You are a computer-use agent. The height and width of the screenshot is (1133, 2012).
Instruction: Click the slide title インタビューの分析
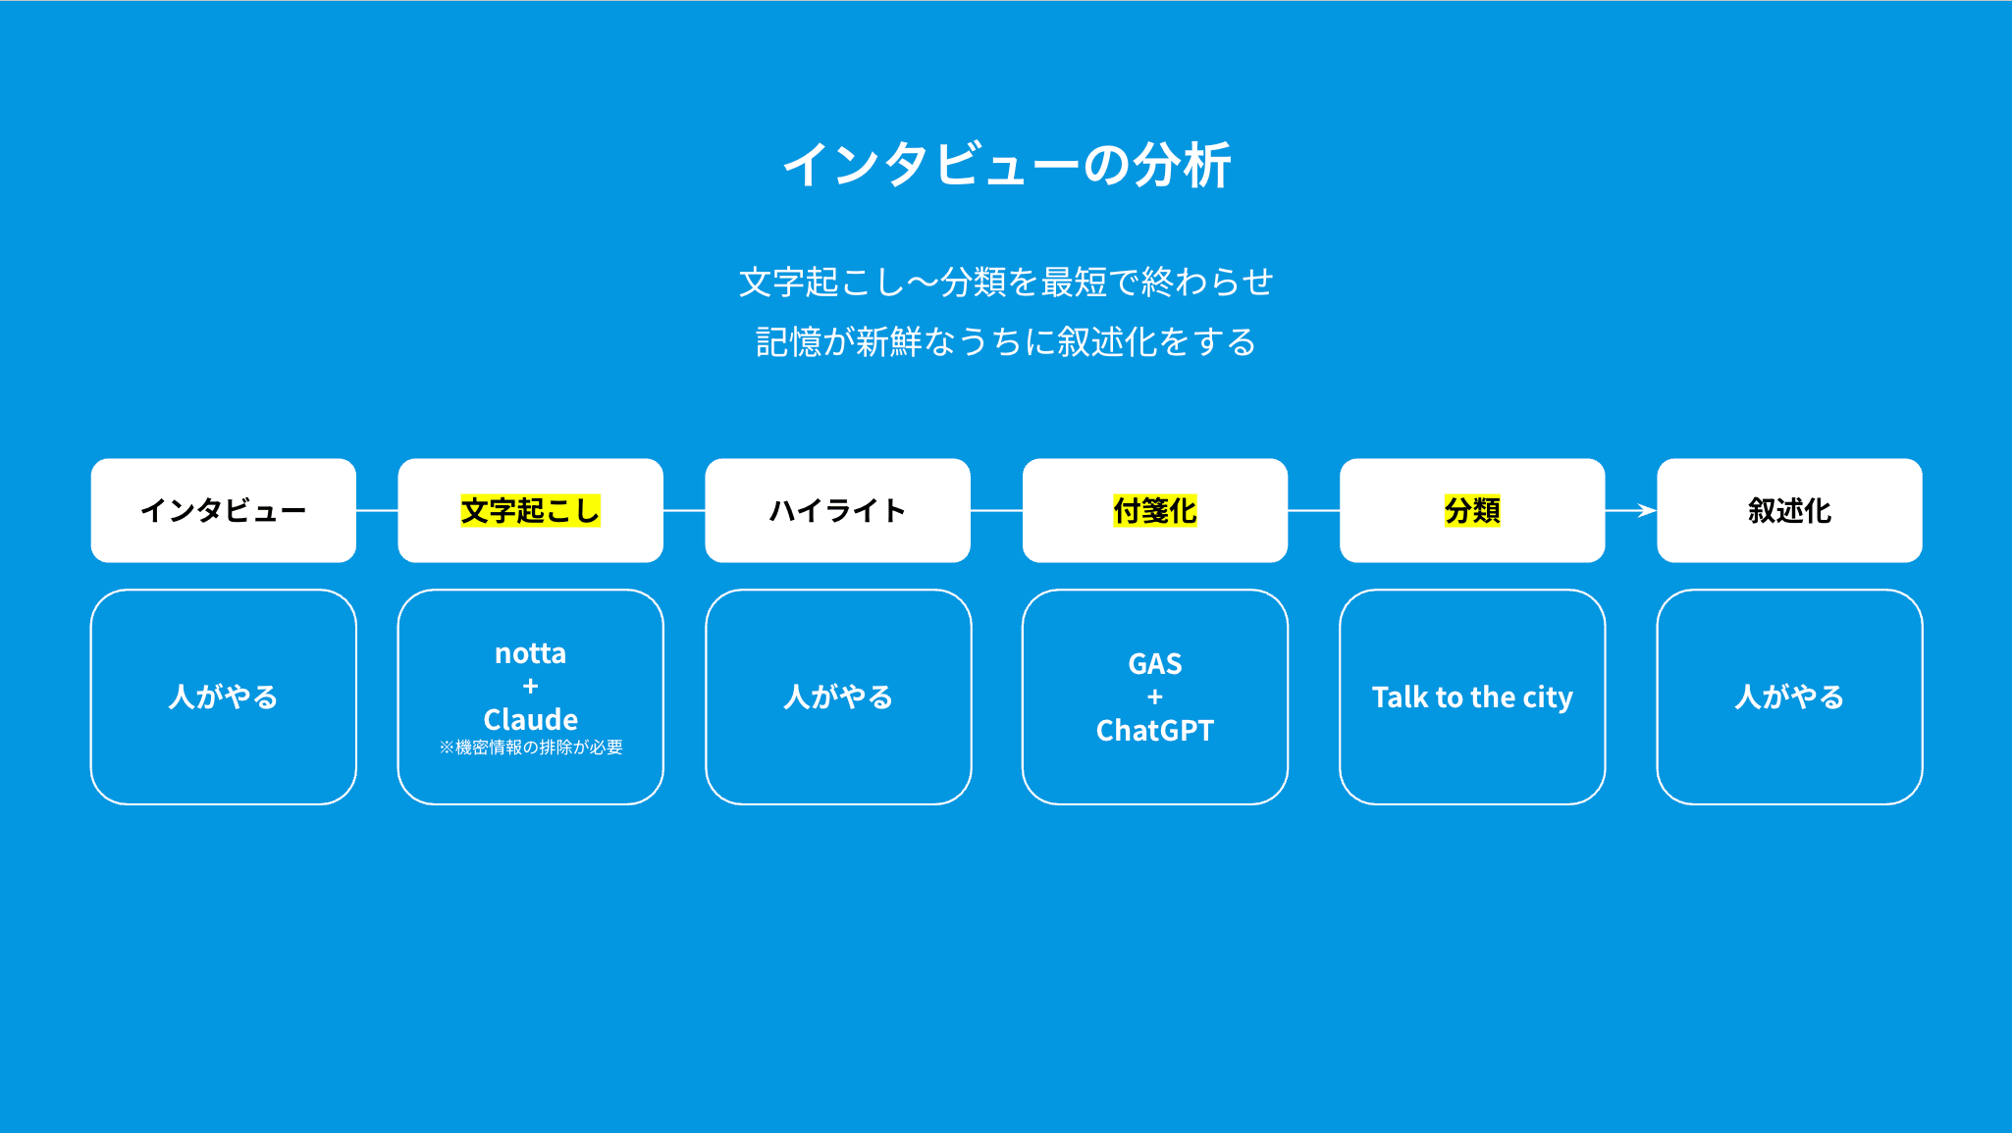[1006, 165]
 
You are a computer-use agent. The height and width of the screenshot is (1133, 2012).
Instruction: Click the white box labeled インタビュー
[224, 510]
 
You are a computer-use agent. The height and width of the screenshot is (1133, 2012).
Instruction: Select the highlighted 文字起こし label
[530, 511]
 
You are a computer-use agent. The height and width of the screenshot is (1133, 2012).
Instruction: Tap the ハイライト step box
[837, 510]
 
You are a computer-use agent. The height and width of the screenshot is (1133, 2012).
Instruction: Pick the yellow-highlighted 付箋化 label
[1154, 511]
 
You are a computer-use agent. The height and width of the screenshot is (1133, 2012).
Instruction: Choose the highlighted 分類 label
[1472, 511]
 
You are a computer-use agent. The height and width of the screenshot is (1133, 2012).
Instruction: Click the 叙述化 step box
[1789, 510]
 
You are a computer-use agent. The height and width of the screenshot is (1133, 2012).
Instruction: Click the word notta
[530, 653]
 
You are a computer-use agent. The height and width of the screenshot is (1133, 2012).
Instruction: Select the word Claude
[530, 719]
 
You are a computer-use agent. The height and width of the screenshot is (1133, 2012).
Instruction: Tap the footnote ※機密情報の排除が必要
[530, 747]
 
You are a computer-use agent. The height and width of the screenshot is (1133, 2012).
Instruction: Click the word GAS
[1155, 664]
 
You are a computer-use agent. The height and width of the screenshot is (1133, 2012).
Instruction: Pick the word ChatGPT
[1155, 731]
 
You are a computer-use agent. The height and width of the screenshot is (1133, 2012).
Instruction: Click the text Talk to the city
[1472, 697]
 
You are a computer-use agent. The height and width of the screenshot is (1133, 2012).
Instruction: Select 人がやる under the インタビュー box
[224, 696]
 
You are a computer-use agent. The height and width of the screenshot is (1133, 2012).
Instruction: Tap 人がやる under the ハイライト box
[838, 696]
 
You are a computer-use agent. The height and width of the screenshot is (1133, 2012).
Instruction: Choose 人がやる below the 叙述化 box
[1789, 696]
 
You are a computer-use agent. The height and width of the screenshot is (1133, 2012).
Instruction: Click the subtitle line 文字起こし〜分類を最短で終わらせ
[1006, 283]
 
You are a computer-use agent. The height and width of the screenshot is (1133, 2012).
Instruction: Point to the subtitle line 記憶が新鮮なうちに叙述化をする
[1006, 342]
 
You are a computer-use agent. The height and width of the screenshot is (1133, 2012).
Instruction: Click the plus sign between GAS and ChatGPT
[1155, 697]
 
